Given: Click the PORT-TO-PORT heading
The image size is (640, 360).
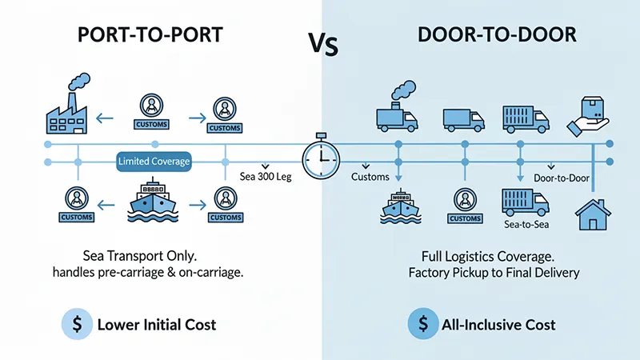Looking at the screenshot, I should click(x=152, y=37).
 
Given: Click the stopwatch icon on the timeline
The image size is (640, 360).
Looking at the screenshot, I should click(x=321, y=153).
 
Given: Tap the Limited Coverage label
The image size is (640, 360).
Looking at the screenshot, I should click(x=154, y=162).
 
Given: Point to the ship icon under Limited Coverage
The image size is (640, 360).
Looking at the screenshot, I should click(x=153, y=202).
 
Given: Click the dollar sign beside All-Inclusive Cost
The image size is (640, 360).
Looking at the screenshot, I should click(x=420, y=325).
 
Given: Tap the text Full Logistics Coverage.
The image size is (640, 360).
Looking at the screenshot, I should click(x=489, y=256).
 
